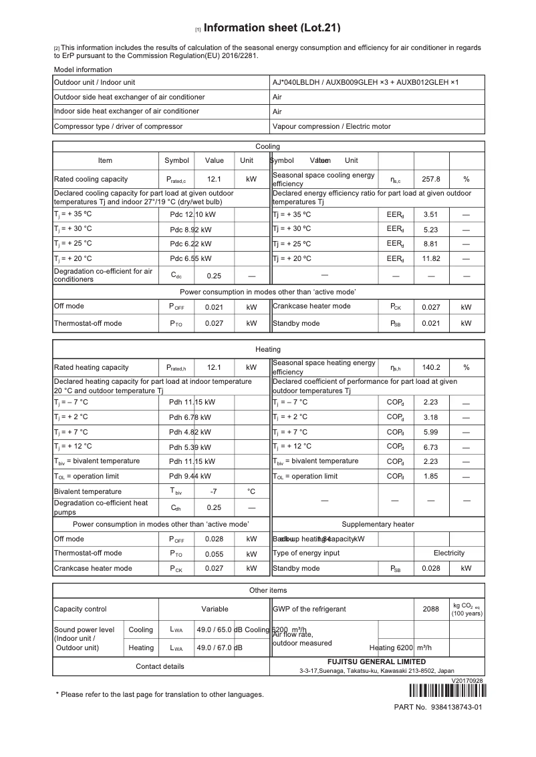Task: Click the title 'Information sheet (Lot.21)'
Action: [x=272, y=28]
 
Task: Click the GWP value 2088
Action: [x=431, y=609]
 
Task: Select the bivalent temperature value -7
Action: [x=214, y=491]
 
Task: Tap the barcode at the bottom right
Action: [x=443, y=691]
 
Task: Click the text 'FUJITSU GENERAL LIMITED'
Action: [x=376, y=662]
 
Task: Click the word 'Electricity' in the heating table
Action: [x=448, y=553]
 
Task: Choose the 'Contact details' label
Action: [x=160, y=666]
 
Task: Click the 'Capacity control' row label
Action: [x=80, y=609]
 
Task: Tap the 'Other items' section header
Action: [x=268, y=590]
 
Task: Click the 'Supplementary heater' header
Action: [x=378, y=524]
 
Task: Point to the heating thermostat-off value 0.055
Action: [x=214, y=553]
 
